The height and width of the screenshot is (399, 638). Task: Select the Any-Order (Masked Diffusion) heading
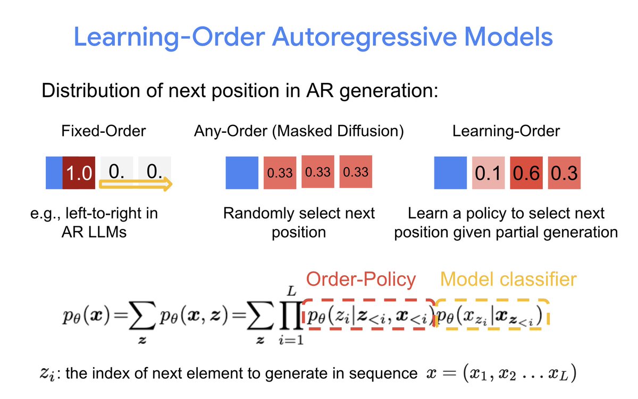click(x=298, y=131)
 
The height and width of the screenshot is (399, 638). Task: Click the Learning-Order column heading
click(x=506, y=131)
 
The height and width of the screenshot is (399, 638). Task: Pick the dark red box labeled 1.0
click(x=78, y=172)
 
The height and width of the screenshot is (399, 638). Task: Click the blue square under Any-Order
click(x=242, y=173)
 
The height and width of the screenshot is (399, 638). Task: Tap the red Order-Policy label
click(x=360, y=279)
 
